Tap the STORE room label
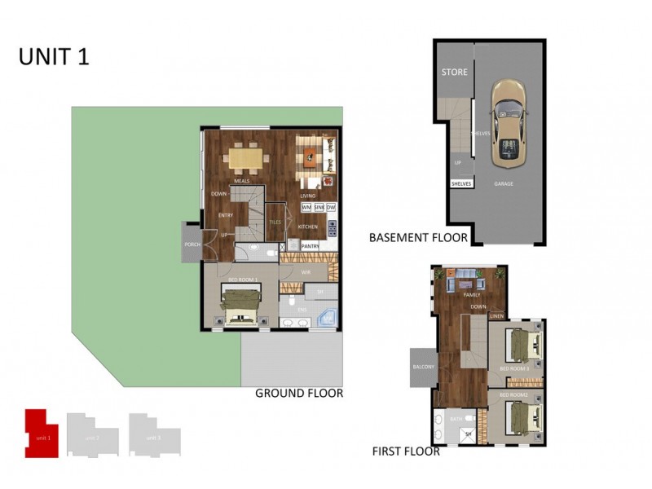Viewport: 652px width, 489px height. click(454, 73)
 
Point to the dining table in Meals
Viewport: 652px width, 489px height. click(245, 156)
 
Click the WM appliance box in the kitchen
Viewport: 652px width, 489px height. click(306, 207)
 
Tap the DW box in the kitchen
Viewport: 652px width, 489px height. click(331, 207)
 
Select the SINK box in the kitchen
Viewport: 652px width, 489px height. click(319, 207)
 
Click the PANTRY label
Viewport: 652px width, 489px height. click(310, 245)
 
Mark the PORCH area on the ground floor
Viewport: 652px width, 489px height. click(192, 244)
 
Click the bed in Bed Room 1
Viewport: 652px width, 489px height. click(240, 308)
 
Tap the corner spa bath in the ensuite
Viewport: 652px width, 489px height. click(328, 318)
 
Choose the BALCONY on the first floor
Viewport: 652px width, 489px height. click(424, 368)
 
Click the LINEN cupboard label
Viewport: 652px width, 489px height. click(496, 315)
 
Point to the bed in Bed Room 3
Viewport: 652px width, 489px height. click(519, 345)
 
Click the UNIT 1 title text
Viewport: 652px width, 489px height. click(54, 56)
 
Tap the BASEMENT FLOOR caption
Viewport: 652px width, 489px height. click(418, 238)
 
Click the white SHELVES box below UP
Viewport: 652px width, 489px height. click(461, 184)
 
